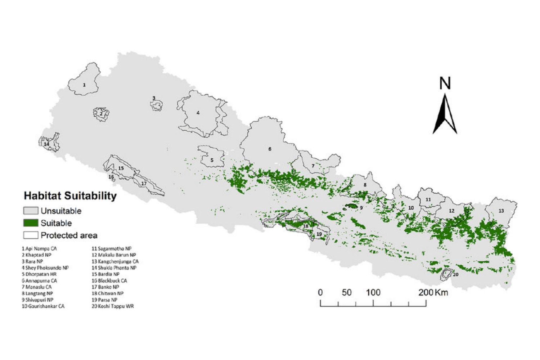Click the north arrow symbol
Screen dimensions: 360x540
[x=445, y=114]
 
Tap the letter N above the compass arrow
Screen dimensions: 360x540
[x=445, y=84]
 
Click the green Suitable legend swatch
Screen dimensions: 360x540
[x=31, y=223]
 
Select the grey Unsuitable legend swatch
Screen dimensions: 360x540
[x=31, y=211]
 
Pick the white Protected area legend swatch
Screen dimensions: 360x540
[x=31, y=235]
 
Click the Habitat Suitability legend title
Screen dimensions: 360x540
[x=70, y=196]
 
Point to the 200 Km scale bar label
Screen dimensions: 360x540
[x=433, y=292]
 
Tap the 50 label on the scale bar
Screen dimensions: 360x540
[x=346, y=292]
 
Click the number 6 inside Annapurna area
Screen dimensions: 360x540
[x=270, y=149]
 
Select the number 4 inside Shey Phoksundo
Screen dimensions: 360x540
[x=198, y=113]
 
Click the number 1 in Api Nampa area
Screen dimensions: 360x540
[x=84, y=85]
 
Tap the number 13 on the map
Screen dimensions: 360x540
[x=501, y=211]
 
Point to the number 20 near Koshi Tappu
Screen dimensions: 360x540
[x=455, y=274]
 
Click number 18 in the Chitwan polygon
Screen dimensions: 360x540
[x=306, y=226]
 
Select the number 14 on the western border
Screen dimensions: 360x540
[x=46, y=144]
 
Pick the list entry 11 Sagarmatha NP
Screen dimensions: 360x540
[x=111, y=248]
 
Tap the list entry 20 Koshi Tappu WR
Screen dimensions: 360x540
[x=112, y=306]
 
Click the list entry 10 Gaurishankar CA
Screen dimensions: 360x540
[x=43, y=306]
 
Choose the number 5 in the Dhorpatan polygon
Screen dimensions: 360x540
[x=212, y=160]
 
